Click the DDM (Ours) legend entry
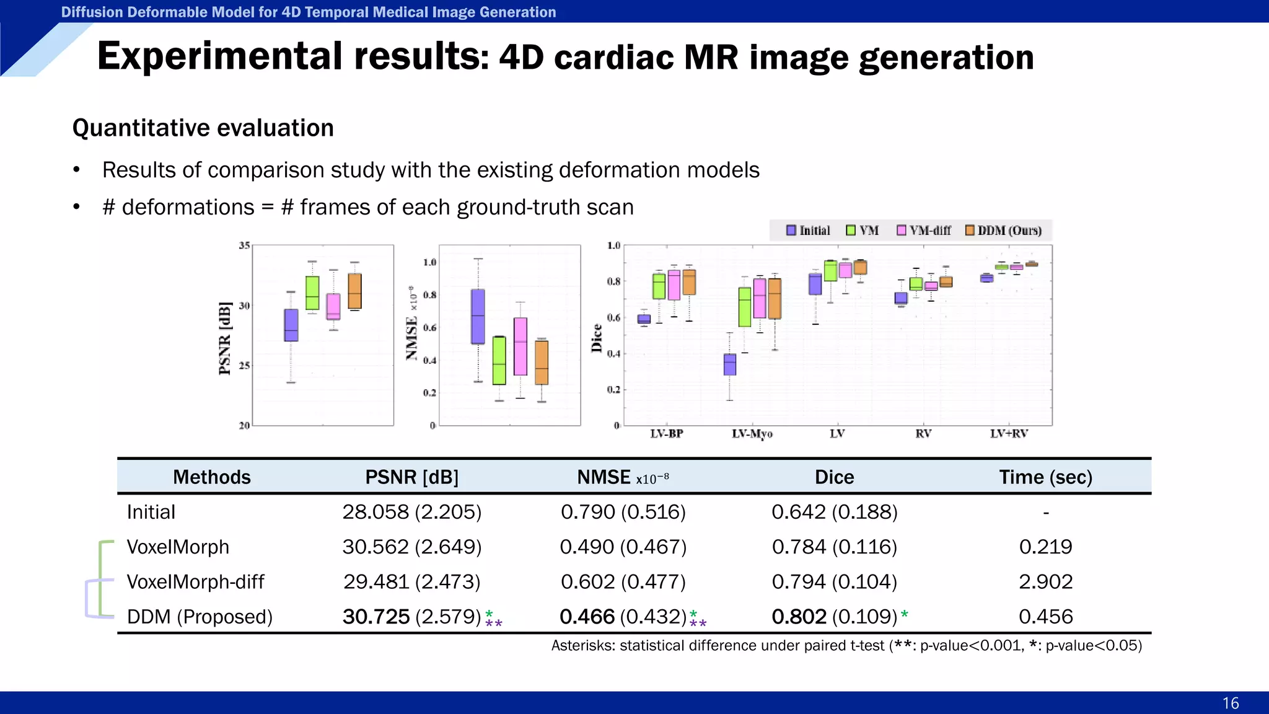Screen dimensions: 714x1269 coord(1003,231)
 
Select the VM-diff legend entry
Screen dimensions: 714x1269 coord(924,231)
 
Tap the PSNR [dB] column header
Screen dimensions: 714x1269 coord(411,477)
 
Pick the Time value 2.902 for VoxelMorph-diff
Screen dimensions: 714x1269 coord(1045,581)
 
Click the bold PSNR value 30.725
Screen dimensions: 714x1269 coord(376,616)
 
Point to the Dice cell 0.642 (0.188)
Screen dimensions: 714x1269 coord(834,512)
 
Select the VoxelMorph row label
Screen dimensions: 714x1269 coord(178,547)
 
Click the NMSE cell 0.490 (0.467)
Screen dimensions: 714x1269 coord(623,547)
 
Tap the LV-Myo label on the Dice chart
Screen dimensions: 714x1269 coord(752,434)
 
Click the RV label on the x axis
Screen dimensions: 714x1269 coord(923,434)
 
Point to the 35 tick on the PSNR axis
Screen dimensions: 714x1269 coord(244,245)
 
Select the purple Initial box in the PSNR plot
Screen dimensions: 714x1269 coord(291,325)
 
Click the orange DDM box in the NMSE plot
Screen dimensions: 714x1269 coord(542,363)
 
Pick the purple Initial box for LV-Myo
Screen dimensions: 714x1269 coord(730,364)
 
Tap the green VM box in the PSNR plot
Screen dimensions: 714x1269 coord(312,293)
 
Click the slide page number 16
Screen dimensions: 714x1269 coord(1230,703)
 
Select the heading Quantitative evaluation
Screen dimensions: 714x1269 coord(203,128)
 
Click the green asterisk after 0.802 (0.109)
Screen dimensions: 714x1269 coord(905,614)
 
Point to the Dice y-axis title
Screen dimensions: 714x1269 coord(597,338)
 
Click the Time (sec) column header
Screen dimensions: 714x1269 coord(1045,477)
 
